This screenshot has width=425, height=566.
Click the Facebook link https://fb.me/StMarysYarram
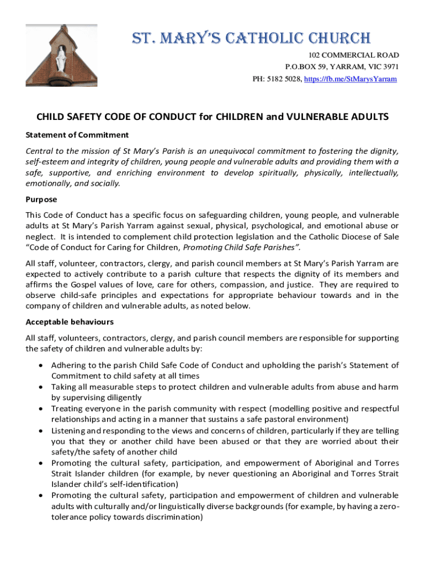[x=350, y=79]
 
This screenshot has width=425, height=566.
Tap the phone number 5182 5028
[x=285, y=79]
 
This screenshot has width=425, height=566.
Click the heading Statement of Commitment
[x=77, y=135]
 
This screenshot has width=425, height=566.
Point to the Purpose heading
[x=41, y=200]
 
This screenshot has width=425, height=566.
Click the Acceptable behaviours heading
[x=70, y=322]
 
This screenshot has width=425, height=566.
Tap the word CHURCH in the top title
[x=342, y=39]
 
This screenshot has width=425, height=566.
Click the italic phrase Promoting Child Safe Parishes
[x=241, y=247]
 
